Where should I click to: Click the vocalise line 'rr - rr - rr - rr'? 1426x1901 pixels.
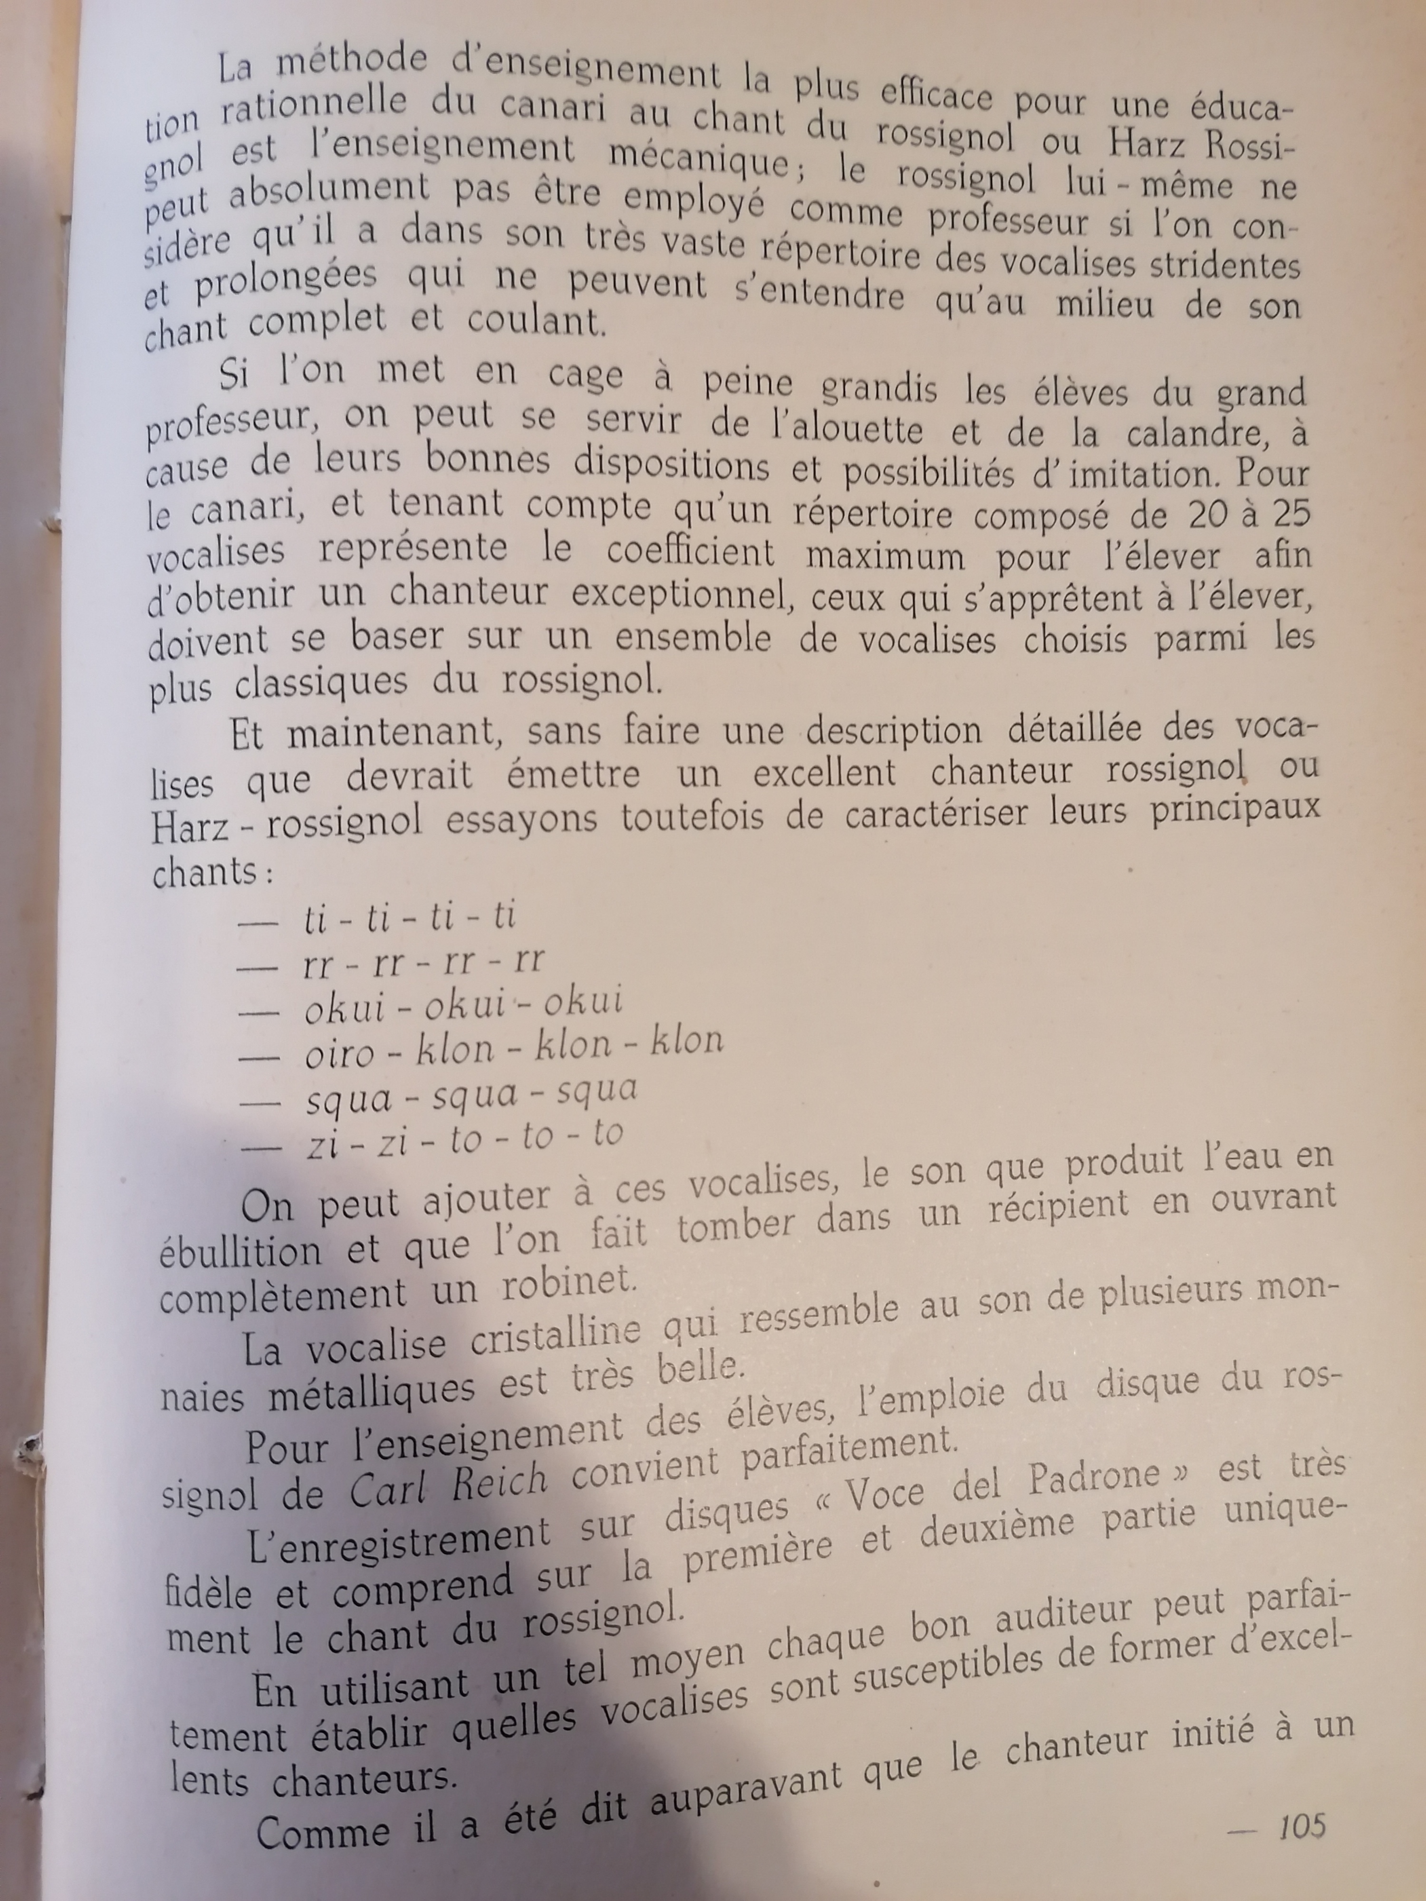pyautogui.click(x=424, y=961)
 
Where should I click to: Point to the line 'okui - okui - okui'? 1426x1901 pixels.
pyautogui.click(x=463, y=1003)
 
